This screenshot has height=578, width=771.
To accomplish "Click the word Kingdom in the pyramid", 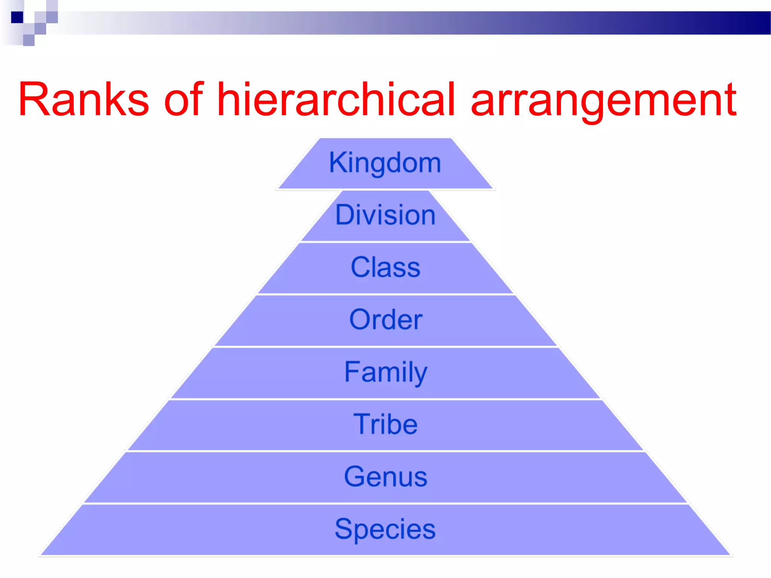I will click(385, 163).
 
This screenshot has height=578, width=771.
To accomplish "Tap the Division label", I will click(385, 215).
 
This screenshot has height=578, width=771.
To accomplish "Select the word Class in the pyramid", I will click(385, 267).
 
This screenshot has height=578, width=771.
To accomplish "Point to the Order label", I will click(385, 319).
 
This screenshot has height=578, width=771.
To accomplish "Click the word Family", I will click(385, 372).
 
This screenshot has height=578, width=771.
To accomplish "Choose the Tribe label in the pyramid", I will click(385, 424).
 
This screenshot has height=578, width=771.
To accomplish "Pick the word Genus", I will click(385, 476).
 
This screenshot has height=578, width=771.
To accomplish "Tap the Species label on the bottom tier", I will click(385, 529).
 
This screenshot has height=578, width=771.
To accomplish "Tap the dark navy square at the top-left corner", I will click(17, 17).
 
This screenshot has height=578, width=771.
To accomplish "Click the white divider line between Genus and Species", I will click(385, 503).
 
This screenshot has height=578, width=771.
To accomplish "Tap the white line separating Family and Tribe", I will click(385, 399).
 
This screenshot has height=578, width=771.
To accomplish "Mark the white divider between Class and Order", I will click(385, 294).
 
